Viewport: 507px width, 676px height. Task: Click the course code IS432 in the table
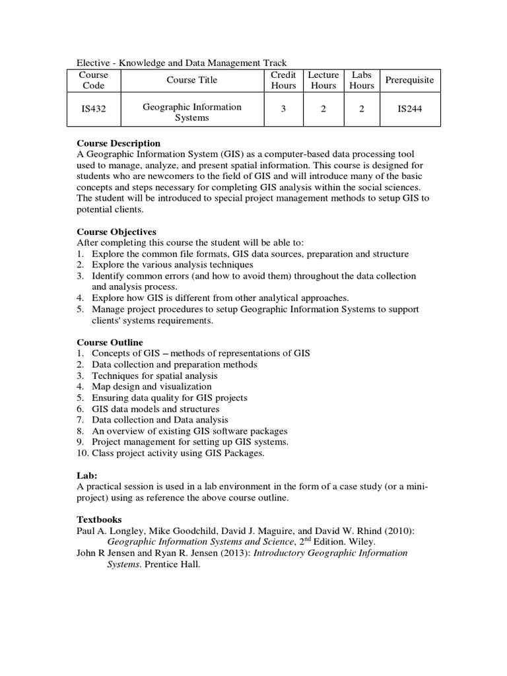point(94,110)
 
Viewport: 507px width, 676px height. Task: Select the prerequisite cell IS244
point(409,110)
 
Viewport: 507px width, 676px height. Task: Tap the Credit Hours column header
point(283,80)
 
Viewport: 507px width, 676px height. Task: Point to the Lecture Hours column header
point(323,80)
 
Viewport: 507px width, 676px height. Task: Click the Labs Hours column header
point(362,80)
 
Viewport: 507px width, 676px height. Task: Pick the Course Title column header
point(191,80)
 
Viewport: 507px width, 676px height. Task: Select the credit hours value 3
point(283,110)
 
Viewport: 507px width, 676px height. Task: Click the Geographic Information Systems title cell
point(191,112)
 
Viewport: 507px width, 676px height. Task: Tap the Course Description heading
point(119,143)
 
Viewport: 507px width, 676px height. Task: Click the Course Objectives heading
point(117,232)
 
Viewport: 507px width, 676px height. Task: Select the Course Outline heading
point(110,343)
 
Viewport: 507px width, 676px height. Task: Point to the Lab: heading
point(87,475)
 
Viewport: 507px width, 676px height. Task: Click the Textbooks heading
point(100,520)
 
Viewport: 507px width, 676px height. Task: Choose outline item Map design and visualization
point(152,386)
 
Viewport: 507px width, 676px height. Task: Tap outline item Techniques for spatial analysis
point(154,376)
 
